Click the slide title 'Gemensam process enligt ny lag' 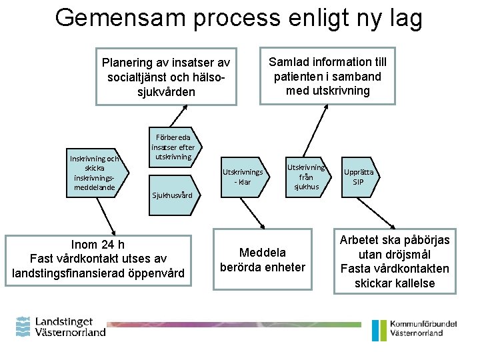[x=239, y=18]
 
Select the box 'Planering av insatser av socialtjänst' [x=166, y=77]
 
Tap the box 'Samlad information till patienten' [x=327, y=76]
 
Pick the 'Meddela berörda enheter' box [x=263, y=260]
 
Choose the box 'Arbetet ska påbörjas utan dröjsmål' [x=395, y=261]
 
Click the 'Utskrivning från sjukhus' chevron [x=305, y=177]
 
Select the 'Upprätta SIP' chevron [x=359, y=177]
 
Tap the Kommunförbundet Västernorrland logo [x=414, y=328]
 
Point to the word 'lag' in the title [x=405, y=18]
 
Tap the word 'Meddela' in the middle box [x=263, y=253]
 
